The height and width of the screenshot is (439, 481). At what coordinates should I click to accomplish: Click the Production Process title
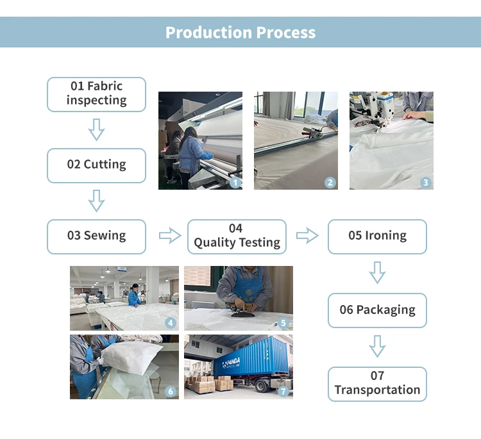click(240, 32)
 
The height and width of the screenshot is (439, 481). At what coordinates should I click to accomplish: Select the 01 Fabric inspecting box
click(96, 94)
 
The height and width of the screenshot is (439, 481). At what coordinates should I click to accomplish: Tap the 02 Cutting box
click(96, 165)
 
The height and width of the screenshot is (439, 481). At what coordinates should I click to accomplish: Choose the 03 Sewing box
click(96, 236)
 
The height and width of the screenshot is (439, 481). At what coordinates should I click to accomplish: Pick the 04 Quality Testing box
click(237, 236)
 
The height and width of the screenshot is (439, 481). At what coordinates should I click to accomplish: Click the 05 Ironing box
click(377, 236)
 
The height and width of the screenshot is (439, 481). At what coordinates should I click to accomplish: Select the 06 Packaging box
click(377, 310)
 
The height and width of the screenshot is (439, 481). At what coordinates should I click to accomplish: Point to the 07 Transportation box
click(377, 383)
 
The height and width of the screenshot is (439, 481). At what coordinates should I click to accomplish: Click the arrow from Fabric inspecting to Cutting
click(96, 129)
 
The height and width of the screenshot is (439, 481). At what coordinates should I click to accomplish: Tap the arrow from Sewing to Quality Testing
click(169, 236)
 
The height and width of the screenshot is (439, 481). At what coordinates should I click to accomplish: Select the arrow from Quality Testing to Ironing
click(307, 236)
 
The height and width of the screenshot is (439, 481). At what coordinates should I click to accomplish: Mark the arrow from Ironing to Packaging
click(377, 273)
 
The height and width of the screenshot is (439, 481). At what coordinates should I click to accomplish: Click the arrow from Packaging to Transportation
click(377, 347)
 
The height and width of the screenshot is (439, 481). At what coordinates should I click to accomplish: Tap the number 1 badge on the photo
click(235, 183)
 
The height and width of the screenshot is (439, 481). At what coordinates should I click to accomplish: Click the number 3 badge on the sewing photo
click(425, 183)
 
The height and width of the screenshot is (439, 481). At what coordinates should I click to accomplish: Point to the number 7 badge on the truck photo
click(284, 391)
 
